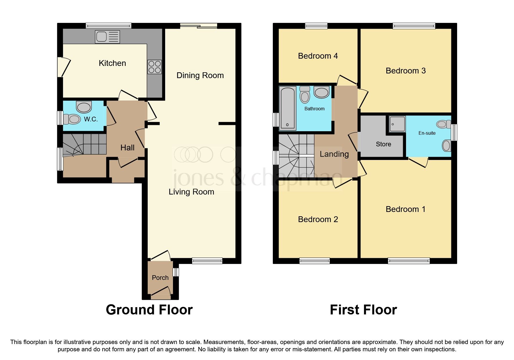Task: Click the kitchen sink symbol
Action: point(107,37)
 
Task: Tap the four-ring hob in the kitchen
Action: point(154,67)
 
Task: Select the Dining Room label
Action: point(200,75)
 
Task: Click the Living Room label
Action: point(191,192)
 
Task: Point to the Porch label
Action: point(160,278)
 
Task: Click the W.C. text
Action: point(91,119)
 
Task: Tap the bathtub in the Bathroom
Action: point(287,108)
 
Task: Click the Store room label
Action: point(383,144)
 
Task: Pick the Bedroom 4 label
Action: point(318,56)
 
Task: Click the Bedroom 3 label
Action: point(405,71)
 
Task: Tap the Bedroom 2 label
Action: point(318,219)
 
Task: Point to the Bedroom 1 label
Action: point(405,209)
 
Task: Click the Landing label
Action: point(334,154)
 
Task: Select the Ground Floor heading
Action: point(149,310)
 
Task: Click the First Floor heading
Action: point(363,310)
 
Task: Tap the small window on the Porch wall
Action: point(176,272)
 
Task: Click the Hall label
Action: point(127,148)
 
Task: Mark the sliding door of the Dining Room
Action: point(199,26)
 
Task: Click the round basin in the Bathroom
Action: point(321,93)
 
